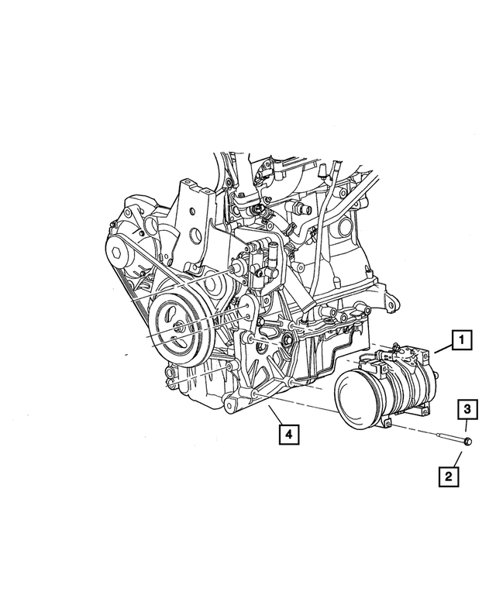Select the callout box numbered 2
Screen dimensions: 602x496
coord(449,476)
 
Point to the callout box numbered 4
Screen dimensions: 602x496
coord(288,435)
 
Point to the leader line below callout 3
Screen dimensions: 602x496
coord(466,427)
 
